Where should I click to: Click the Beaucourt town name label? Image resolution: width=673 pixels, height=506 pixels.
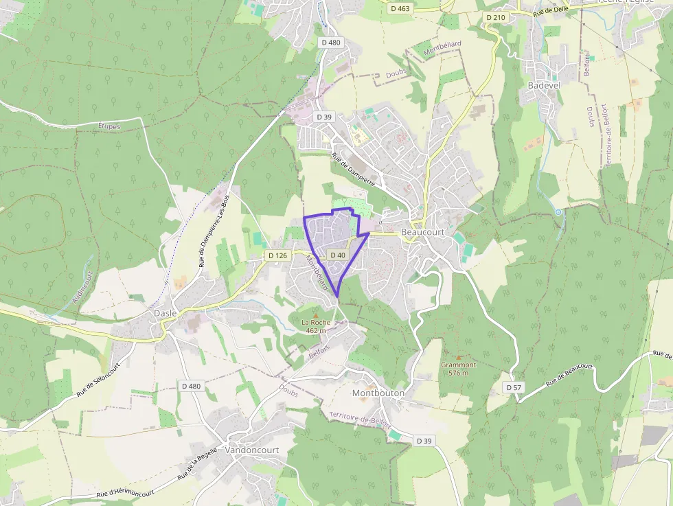pos(422,233)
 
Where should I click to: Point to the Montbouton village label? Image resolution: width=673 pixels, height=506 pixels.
pos(378,393)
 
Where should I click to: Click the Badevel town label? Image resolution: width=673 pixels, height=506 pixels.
pos(544,84)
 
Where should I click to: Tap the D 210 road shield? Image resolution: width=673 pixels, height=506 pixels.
pos(495,17)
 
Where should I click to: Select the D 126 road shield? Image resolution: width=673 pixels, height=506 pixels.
pos(277,255)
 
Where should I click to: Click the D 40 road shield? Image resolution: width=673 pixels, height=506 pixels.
pos(337,255)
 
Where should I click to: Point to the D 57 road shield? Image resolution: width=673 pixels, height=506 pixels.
pos(514,387)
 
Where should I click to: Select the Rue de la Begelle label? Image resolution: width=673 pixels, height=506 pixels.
pos(197,463)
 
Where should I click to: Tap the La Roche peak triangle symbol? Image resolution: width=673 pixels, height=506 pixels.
pos(316,315)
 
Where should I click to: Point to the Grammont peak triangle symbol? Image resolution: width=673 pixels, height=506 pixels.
pos(459,358)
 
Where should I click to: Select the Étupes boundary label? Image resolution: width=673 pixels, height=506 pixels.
pos(109,126)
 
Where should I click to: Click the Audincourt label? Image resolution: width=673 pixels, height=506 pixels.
pos(81,288)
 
